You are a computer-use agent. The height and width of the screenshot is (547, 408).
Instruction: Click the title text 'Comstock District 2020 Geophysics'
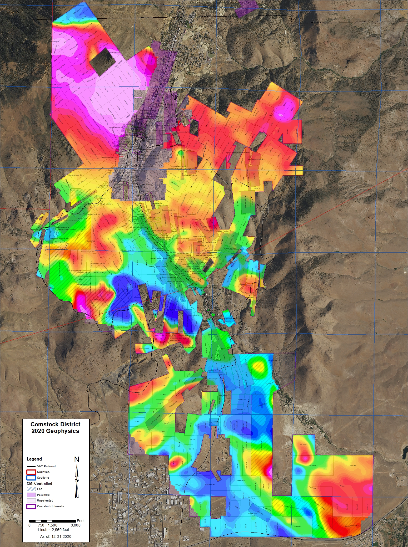click(x=55, y=427)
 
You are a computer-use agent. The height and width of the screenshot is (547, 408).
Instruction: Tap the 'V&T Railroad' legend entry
click(x=46, y=466)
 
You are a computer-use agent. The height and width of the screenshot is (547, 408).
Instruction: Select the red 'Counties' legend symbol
click(x=31, y=472)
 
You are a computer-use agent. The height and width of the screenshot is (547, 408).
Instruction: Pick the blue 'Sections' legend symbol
click(x=31, y=478)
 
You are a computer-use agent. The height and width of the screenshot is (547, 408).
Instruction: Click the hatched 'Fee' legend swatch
click(x=31, y=489)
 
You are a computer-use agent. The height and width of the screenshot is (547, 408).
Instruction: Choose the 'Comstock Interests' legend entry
click(x=50, y=506)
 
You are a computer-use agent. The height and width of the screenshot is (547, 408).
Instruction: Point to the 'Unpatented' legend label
click(x=45, y=500)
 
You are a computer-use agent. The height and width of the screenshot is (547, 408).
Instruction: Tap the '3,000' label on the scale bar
click(x=76, y=525)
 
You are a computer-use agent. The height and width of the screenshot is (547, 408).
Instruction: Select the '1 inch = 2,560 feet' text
click(x=53, y=530)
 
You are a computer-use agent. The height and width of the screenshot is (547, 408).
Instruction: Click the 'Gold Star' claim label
click(x=353, y=466)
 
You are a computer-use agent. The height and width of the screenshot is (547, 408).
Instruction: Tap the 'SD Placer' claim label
click(x=304, y=445)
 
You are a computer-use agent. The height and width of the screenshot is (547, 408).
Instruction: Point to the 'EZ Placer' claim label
click(x=297, y=526)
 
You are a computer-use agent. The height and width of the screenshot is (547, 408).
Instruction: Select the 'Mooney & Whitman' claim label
click(x=214, y=422)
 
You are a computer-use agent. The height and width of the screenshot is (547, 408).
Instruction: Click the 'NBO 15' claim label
click(x=257, y=188)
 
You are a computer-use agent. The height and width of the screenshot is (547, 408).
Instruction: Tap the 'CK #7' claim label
click(x=137, y=422)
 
